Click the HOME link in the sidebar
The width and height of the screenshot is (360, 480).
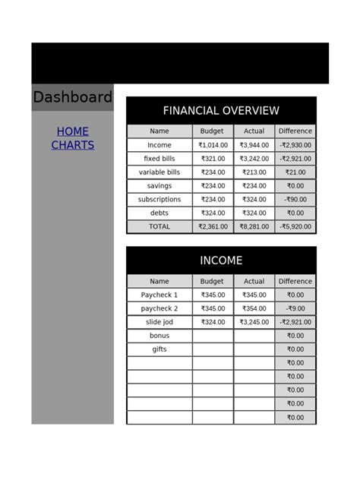(72, 131)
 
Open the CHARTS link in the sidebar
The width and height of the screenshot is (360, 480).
(72, 145)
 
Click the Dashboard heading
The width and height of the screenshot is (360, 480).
(72, 98)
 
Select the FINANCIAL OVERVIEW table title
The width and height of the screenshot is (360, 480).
(221, 111)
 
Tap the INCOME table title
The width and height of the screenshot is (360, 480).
(221, 261)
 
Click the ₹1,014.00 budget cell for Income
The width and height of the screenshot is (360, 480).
(213, 145)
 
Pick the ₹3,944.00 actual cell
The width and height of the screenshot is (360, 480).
(254, 145)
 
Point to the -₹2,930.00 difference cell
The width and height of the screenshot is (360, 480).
(295, 145)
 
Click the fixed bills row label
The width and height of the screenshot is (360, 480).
(159, 159)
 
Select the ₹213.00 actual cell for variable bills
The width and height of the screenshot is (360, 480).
(254, 172)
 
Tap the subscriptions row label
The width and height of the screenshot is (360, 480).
(159, 200)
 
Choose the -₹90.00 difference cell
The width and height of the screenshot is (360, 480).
(295, 200)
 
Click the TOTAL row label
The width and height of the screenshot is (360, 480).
(159, 226)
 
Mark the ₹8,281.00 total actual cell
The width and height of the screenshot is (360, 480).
(254, 226)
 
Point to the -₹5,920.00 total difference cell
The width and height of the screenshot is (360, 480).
(295, 226)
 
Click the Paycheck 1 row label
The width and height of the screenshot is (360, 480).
(159, 295)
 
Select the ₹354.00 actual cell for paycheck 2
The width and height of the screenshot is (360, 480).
(254, 308)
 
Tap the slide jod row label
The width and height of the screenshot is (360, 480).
(159, 322)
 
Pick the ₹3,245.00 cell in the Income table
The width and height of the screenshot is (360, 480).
(254, 322)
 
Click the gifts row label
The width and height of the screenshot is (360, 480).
(159, 349)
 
